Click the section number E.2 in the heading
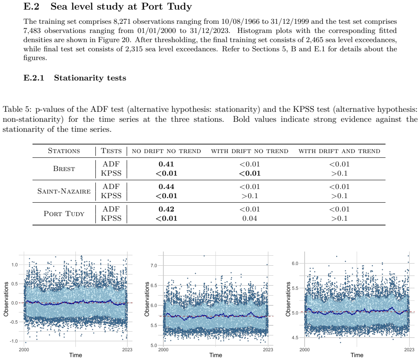click(x=31, y=6)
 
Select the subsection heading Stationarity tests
click(x=90, y=78)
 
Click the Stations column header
click(x=64, y=151)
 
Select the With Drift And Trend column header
click(x=339, y=151)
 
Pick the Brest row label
click(x=64, y=169)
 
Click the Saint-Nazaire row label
click(x=64, y=191)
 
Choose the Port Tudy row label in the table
click(x=64, y=214)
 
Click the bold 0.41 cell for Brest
click(x=166, y=164)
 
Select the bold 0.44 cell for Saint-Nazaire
click(x=166, y=186)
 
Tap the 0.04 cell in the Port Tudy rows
click(x=250, y=218)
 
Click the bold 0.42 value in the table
click(x=166, y=209)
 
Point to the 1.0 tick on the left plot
click(x=15, y=265)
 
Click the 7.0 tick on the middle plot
click(x=154, y=266)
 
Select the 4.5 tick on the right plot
click(x=295, y=338)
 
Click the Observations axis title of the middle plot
click(x=147, y=299)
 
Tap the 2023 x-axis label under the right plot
click(x=409, y=350)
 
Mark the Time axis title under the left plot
click(x=75, y=355)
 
